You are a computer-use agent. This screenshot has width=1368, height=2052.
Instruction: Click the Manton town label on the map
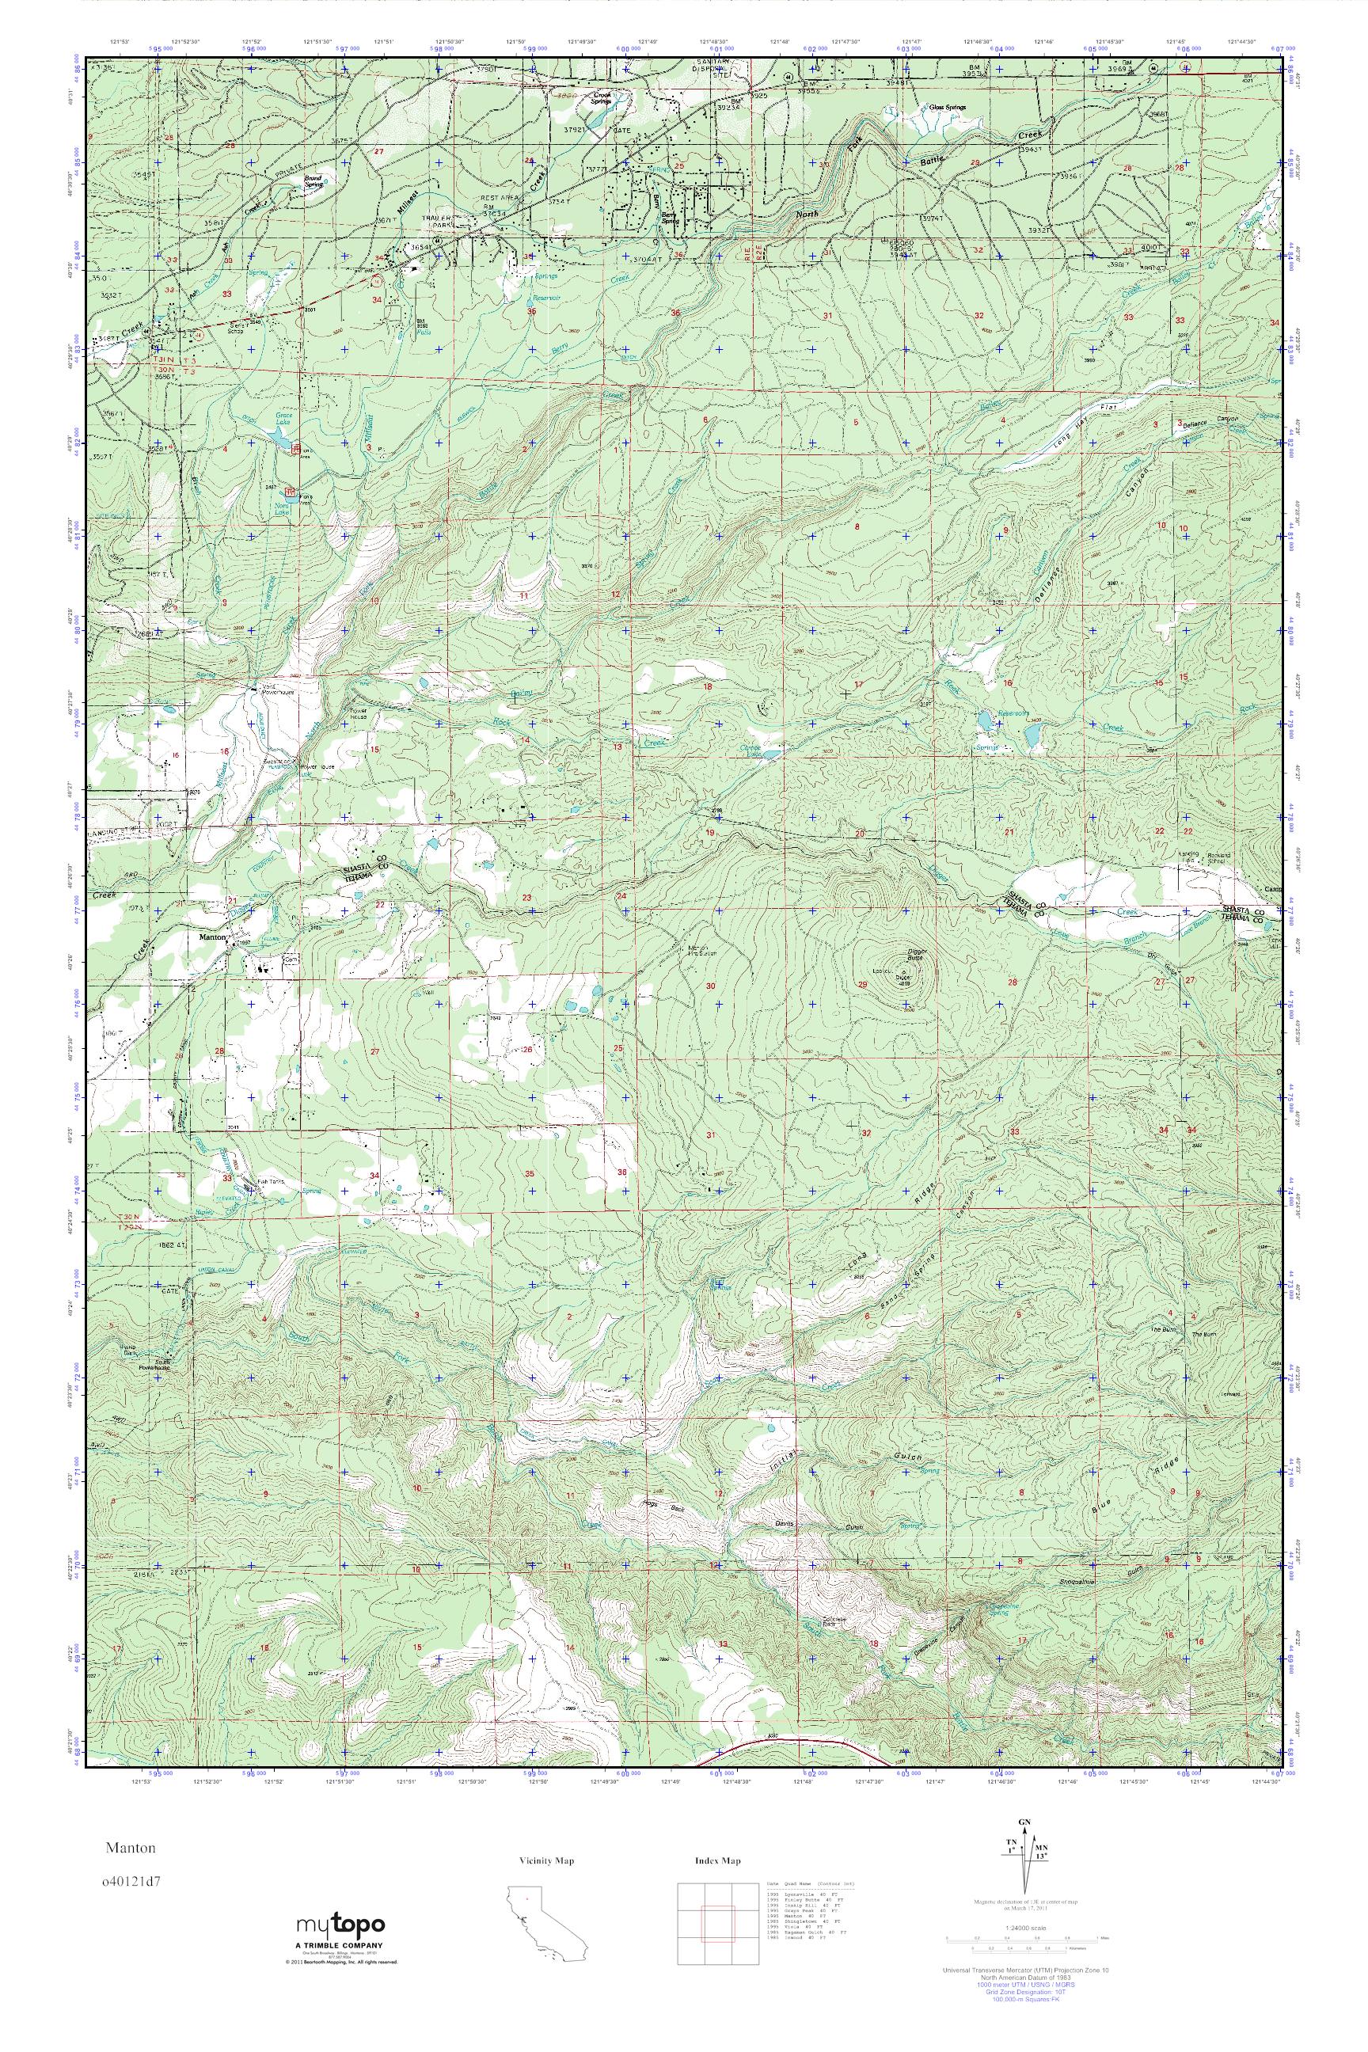[213, 937]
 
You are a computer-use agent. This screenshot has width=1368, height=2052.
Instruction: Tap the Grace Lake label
[283, 418]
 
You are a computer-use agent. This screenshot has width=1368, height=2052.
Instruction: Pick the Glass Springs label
[949, 108]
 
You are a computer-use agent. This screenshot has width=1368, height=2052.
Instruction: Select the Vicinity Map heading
[547, 1861]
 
